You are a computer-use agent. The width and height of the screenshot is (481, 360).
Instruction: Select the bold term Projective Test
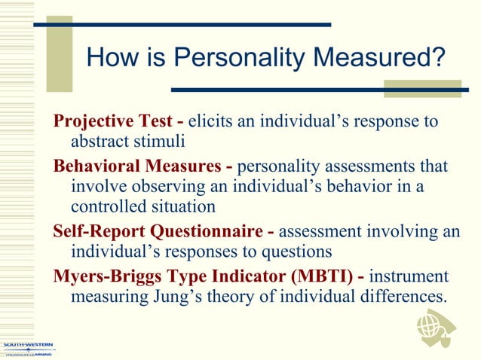tap(112, 121)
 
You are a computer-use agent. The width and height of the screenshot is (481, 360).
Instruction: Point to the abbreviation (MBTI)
tap(311, 276)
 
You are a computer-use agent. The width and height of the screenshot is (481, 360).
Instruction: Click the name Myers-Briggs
tap(104, 276)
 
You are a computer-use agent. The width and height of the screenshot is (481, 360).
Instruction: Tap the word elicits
tap(210, 121)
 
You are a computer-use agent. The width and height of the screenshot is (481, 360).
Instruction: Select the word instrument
tap(409, 276)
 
